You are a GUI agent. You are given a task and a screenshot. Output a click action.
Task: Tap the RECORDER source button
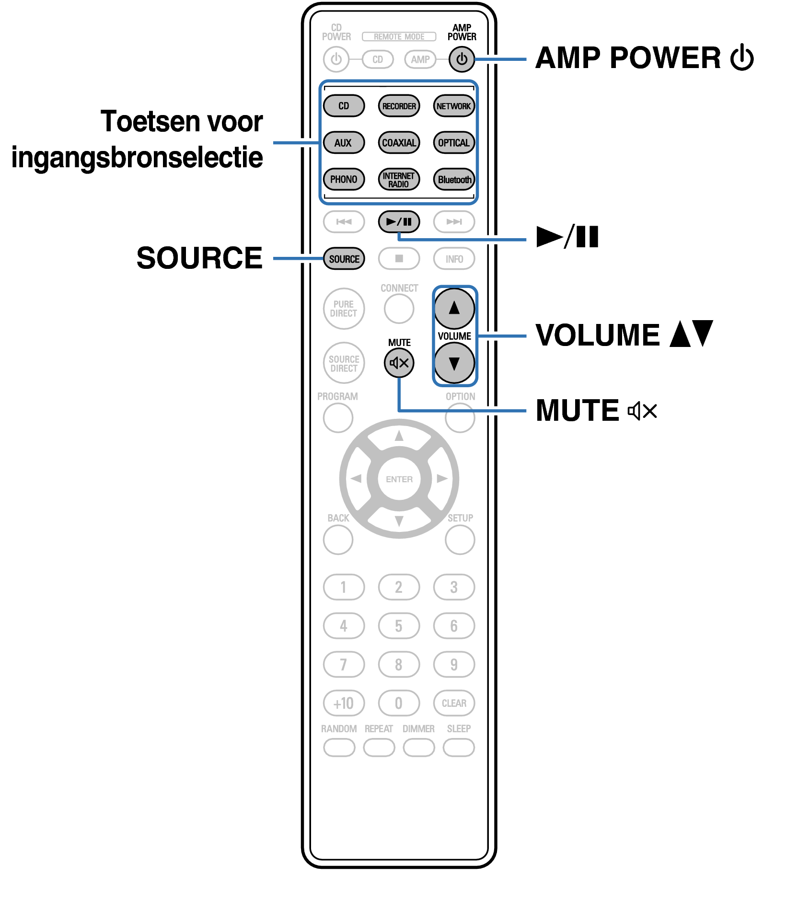click(399, 106)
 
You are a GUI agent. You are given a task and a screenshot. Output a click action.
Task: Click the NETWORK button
click(454, 106)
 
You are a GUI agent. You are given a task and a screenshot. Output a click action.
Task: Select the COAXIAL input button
click(399, 143)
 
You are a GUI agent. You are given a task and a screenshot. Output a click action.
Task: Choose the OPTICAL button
click(454, 143)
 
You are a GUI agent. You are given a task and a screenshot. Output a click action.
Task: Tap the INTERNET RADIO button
click(399, 180)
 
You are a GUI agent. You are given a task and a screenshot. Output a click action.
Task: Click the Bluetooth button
click(454, 180)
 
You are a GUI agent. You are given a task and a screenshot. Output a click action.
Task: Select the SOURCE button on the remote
click(344, 259)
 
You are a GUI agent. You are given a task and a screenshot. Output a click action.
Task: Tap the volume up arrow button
click(454, 308)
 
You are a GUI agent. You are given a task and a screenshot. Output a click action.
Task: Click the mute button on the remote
click(399, 363)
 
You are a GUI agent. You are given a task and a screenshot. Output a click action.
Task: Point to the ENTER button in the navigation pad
click(399, 479)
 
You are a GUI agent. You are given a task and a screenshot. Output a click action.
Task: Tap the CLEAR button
click(454, 703)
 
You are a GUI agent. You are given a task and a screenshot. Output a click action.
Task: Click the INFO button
click(454, 259)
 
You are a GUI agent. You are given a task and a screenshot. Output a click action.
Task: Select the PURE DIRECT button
click(344, 309)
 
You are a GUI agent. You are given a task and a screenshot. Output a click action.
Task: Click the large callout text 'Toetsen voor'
click(182, 121)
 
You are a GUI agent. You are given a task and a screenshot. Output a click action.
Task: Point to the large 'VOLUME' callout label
click(598, 335)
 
